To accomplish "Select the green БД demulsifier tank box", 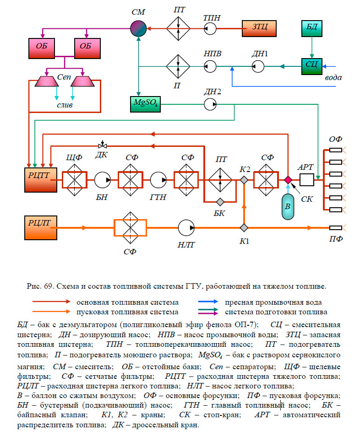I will click(x=312, y=28).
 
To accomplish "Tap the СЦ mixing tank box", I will click(x=312, y=65).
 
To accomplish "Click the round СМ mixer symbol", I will click(x=137, y=29).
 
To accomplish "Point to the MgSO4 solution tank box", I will click(x=146, y=105).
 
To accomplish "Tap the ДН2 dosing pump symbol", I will click(x=211, y=105).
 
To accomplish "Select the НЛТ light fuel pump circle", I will click(x=186, y=227).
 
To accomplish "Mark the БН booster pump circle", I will click(x=103, y=180).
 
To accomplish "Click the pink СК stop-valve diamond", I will click(x=288, y=180).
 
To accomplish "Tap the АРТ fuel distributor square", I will click(x=306, y=180).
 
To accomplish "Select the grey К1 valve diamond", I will click(x=244, y=227).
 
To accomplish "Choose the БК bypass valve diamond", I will click(x=220, y=202).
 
